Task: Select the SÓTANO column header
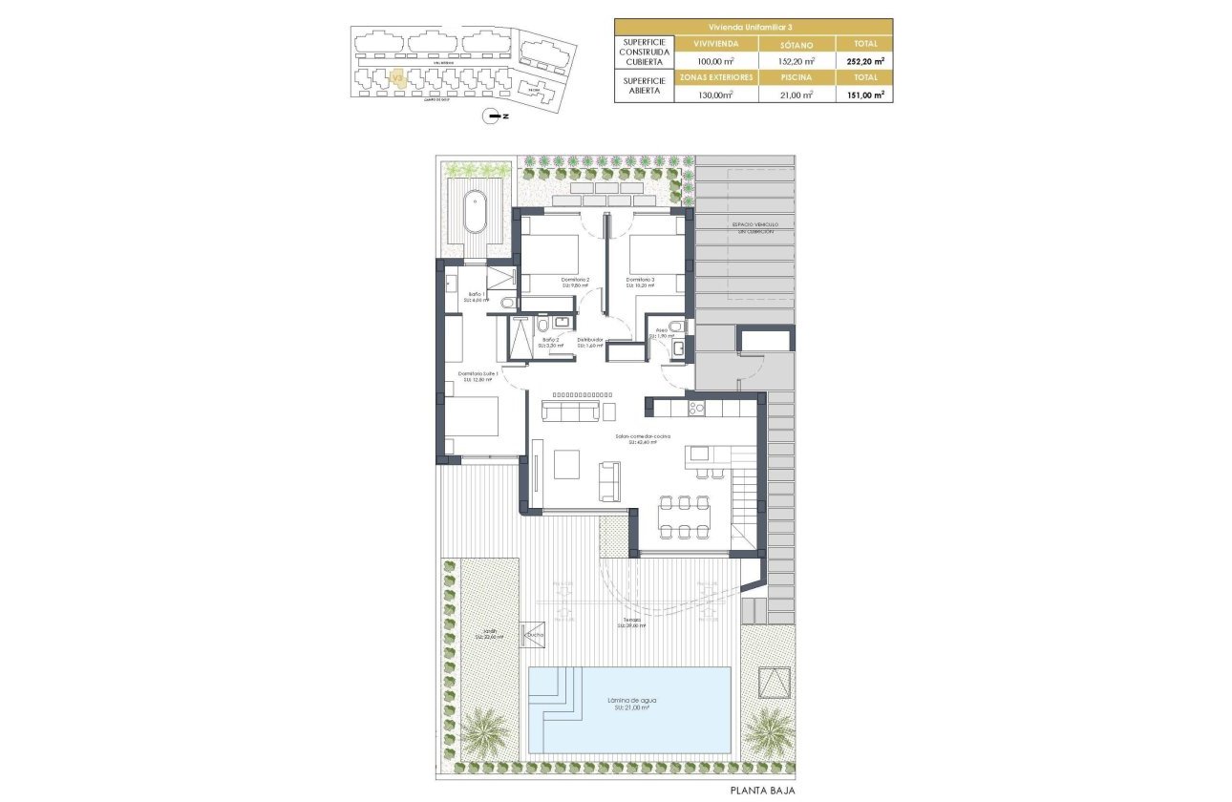click(x=796, y=44)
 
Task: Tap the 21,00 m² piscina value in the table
click(x=796, y=95)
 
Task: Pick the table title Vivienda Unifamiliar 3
click(x=754, y=26)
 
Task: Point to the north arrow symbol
click(x=494, y=116)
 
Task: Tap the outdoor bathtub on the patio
click(x=475, y=212)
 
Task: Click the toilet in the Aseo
click(x=675, y=327)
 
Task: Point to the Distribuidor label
click(x=589, y=342)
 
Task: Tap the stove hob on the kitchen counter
click(x=693, y=409)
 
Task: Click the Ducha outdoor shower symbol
click(x=532, y=635)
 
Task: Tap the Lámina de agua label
click(x=629, y=704)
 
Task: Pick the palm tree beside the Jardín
click(x=487, y=733)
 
